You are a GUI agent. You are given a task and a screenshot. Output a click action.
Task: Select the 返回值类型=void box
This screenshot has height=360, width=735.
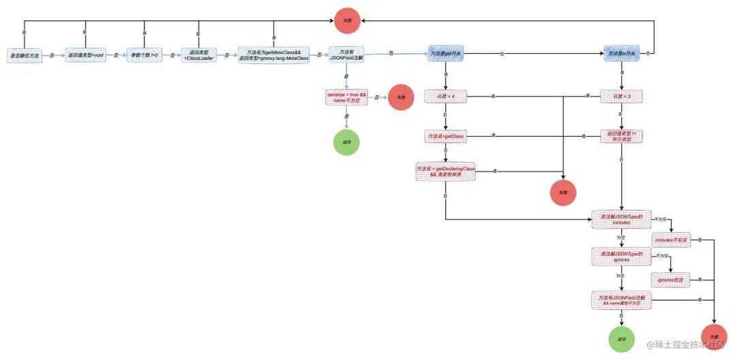[86, 55]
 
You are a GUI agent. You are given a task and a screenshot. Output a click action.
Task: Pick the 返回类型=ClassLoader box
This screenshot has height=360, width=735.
[198, 55]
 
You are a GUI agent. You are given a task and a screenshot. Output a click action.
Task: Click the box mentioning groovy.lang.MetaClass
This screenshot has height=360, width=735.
[274, 55]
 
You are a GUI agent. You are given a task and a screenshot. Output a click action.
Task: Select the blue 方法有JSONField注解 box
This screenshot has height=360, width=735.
[346, 55]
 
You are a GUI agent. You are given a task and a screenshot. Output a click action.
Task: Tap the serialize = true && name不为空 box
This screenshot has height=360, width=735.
[346, 97]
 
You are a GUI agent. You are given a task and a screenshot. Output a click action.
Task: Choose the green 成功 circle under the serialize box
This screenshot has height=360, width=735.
[346, 142]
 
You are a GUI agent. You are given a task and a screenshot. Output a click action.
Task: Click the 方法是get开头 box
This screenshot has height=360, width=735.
[445, 54]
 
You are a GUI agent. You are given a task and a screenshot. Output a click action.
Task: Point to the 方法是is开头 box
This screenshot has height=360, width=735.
[621, 54]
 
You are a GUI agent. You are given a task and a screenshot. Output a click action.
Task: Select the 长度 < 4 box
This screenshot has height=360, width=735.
[445, 97]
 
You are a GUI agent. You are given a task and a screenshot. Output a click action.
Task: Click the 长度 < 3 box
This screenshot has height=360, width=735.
[621, 97]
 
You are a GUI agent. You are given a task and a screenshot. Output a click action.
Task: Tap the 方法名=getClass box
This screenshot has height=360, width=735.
[445, 137]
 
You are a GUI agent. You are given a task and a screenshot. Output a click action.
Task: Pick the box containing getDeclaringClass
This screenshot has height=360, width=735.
[445, 171]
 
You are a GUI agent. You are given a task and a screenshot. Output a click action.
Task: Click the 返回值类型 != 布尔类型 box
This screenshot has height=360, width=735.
[621, 136]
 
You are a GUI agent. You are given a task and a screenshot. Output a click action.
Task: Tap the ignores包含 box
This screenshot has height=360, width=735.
[670, 280]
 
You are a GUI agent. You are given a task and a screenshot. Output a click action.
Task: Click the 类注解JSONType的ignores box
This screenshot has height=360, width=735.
[621, 257]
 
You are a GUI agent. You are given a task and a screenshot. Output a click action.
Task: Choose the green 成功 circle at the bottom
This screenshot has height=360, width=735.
[620, 338]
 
